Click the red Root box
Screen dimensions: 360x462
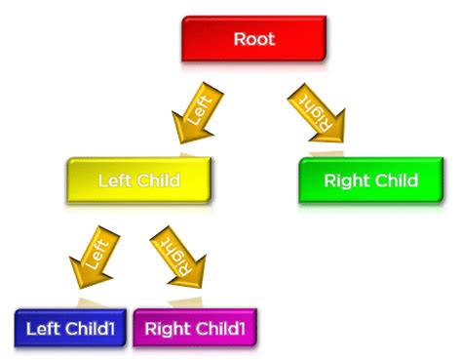pos(253,40)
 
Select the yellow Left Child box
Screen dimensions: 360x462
pos(139,180)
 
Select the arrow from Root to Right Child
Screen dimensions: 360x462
pos(317,110)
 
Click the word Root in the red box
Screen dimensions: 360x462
pos(253,40)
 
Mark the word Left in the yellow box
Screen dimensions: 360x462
pos(116,180)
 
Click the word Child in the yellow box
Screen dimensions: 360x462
pos(159,180)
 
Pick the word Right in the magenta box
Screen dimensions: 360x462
pos(167,329)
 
